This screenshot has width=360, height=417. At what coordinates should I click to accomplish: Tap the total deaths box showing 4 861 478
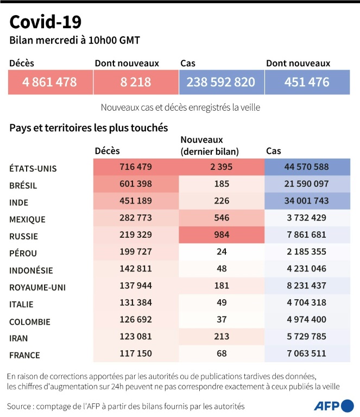point(50,83)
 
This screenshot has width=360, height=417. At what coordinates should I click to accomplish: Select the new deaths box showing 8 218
point(136,83)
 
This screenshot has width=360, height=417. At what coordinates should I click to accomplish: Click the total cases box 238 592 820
point(220,83)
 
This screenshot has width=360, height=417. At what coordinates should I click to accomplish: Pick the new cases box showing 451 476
point(307,83)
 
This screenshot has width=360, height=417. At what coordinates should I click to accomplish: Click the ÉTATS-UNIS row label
point(33,168)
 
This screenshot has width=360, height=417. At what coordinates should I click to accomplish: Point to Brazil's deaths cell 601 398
point(136,185)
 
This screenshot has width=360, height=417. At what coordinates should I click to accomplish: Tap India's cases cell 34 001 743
point(307,202)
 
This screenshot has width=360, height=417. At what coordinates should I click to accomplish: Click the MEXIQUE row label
point(27,219)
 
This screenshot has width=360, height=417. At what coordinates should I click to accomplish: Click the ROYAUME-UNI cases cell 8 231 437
point(307,287)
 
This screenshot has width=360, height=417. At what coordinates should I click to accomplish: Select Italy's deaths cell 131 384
point(136,304)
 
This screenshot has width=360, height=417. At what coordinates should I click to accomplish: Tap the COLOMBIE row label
point(29,321)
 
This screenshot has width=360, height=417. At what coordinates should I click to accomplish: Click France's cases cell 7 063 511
point(307,355)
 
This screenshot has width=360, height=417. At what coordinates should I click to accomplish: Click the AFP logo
point(332,406)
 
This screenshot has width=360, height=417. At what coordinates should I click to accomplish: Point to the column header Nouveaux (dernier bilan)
point(210,145)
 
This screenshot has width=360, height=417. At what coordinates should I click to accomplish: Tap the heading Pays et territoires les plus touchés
point(89,128)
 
